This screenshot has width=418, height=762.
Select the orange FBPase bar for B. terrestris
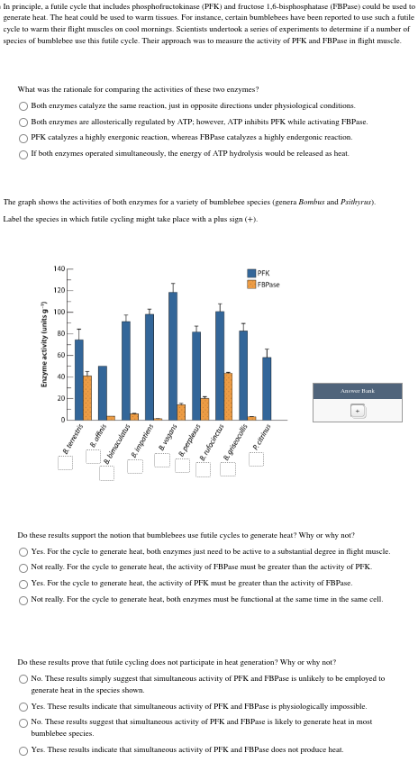point(87,397)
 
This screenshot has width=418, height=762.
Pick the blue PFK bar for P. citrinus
point(267,388)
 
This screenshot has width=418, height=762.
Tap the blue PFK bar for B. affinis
point(102,393)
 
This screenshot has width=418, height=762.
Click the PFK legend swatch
point(251,273)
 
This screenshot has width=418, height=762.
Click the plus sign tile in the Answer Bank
point(357,410)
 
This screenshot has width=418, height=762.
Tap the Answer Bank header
point(357,391)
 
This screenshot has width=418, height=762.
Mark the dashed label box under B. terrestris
point(65,463)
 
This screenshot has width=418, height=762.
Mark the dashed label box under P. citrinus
point(256,459)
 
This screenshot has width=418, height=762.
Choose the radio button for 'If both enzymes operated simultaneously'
point(24,154)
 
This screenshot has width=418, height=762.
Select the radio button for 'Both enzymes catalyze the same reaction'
point(24,105)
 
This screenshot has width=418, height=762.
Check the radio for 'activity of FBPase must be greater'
point(23,567)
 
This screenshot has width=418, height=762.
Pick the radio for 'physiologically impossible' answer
point(23,706)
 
